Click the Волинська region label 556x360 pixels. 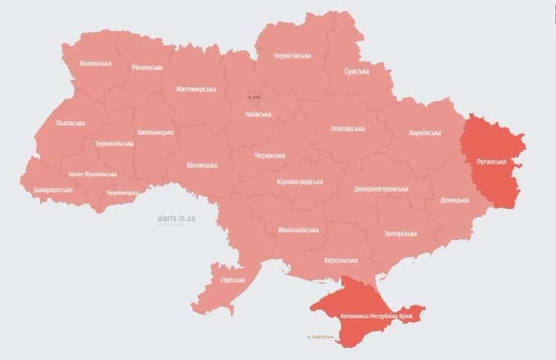(x=95, y=63)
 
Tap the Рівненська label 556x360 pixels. (x=147, y=67)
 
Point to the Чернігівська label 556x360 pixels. (x=292, y=56)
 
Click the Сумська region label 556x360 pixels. (x=357, y=71)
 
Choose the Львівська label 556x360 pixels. (x=70, y=123)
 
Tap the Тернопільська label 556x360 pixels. (x=114, y=144)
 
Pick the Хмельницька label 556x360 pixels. (x=155, y=132)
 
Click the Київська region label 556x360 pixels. (x=258, y=114)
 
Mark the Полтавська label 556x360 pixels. (x=347, y=128)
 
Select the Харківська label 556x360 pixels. (x=424, y=132)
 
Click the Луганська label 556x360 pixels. (x=491, y=162)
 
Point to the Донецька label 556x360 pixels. (x=454, y=200)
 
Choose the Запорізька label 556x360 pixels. (x=400, y=233)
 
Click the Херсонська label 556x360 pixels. (x=341, y=260)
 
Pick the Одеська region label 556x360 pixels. (x=232, y=280)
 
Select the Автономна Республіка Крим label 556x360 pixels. (x=375, y=316)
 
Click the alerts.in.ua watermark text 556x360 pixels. (x=176, y=219)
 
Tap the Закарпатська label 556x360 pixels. (x=53, y=189)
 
